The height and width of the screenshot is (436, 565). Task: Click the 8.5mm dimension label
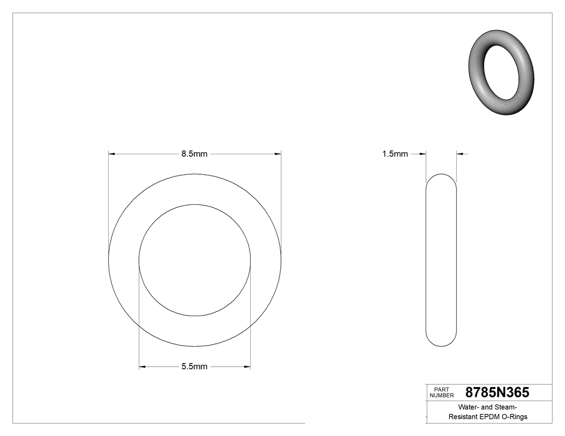pos(194,154)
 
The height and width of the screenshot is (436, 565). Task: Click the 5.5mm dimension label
pos(194,367)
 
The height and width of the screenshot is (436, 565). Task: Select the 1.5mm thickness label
pos(395,154)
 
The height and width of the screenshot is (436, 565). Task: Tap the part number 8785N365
pos(497,392)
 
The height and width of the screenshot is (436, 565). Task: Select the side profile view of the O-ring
pos(441,260)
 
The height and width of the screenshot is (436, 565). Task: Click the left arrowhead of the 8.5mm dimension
pos(112,154)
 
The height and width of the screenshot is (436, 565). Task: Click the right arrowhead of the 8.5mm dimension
pos(278,154)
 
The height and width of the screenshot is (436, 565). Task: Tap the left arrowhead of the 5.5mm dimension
pos(143,367)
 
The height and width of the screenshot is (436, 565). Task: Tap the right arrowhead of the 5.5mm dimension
pos(247,367)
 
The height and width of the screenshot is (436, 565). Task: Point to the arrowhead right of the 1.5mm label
pos(461,154)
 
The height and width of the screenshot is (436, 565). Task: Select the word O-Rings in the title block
pos(514,417)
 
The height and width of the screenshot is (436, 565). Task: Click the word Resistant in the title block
pos(463,417)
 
